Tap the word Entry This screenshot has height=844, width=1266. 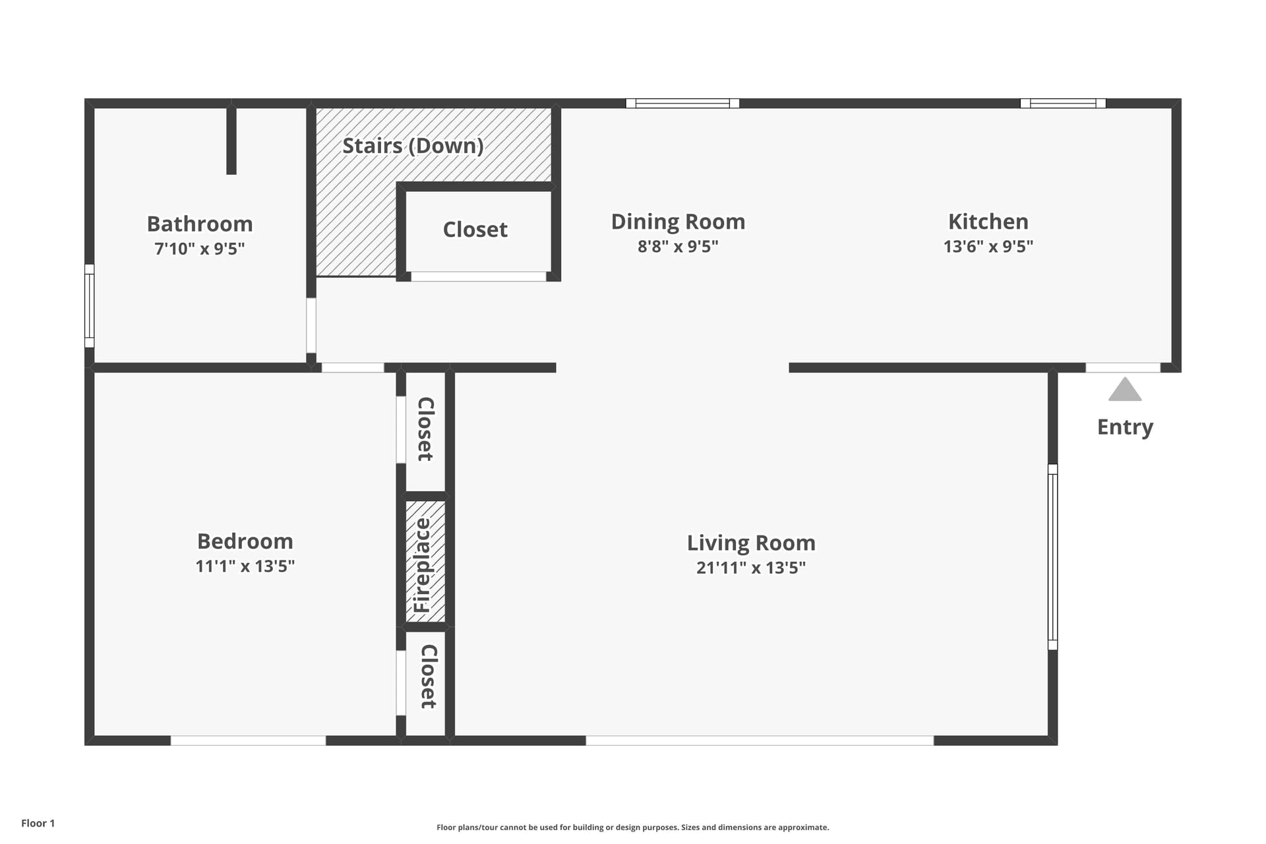1125,427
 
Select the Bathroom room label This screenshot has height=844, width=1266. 200,224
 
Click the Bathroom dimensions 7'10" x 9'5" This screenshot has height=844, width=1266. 200,249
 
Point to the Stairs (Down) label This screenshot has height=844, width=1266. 413,146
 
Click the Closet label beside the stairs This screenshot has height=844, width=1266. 475,229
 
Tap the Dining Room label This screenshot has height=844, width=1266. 678,222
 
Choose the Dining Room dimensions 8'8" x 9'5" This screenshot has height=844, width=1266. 678,246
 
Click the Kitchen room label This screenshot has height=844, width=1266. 988,222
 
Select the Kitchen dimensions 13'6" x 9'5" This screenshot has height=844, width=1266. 988,246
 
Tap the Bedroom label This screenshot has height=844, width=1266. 245,541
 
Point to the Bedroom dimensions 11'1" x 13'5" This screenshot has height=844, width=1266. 245,566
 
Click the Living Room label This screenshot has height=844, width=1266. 751,543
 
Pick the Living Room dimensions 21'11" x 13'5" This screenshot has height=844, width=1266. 751,568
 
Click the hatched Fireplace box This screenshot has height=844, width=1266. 425,562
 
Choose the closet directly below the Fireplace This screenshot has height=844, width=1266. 425,683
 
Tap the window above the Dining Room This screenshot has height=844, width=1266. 682,104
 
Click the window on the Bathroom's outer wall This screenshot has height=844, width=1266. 90,306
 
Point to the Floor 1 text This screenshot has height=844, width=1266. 38,823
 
